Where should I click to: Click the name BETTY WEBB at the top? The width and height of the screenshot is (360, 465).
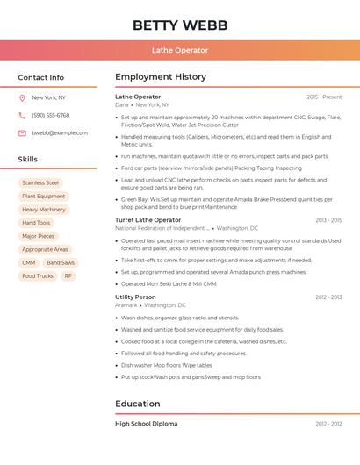coord(179,25)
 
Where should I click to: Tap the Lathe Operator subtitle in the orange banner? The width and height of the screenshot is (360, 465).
coord(179,51)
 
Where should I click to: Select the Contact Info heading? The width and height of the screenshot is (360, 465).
coord(40,77)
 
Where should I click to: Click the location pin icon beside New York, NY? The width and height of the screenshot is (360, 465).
coord(22,98)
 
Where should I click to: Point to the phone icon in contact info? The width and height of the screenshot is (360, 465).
coord(22,116)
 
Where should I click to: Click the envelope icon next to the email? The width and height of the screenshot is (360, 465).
coord(22,133)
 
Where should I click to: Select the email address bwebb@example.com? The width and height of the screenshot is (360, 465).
coord(60,133)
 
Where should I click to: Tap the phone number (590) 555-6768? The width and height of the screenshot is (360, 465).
coord(50,116)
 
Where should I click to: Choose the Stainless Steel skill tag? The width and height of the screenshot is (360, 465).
coord(40,183)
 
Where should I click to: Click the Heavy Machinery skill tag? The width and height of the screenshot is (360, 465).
coord(44,210)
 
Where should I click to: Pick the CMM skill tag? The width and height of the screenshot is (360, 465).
coord(29,263)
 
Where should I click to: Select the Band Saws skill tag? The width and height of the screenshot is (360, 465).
coord(61,263)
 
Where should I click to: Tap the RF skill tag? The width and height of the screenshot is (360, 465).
coord(68,276)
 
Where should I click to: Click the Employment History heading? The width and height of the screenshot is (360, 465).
coord(161,77)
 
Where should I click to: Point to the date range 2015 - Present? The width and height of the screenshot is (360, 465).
coord(324,97)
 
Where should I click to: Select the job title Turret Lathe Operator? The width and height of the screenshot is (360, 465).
coord(148,220)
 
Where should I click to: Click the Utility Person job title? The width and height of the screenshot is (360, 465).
coord(135,297)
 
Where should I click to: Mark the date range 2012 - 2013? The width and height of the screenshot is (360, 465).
coord(328,297)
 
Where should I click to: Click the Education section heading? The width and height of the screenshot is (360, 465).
coord(138,404)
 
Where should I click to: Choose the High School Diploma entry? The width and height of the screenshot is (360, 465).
coord(146,424)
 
